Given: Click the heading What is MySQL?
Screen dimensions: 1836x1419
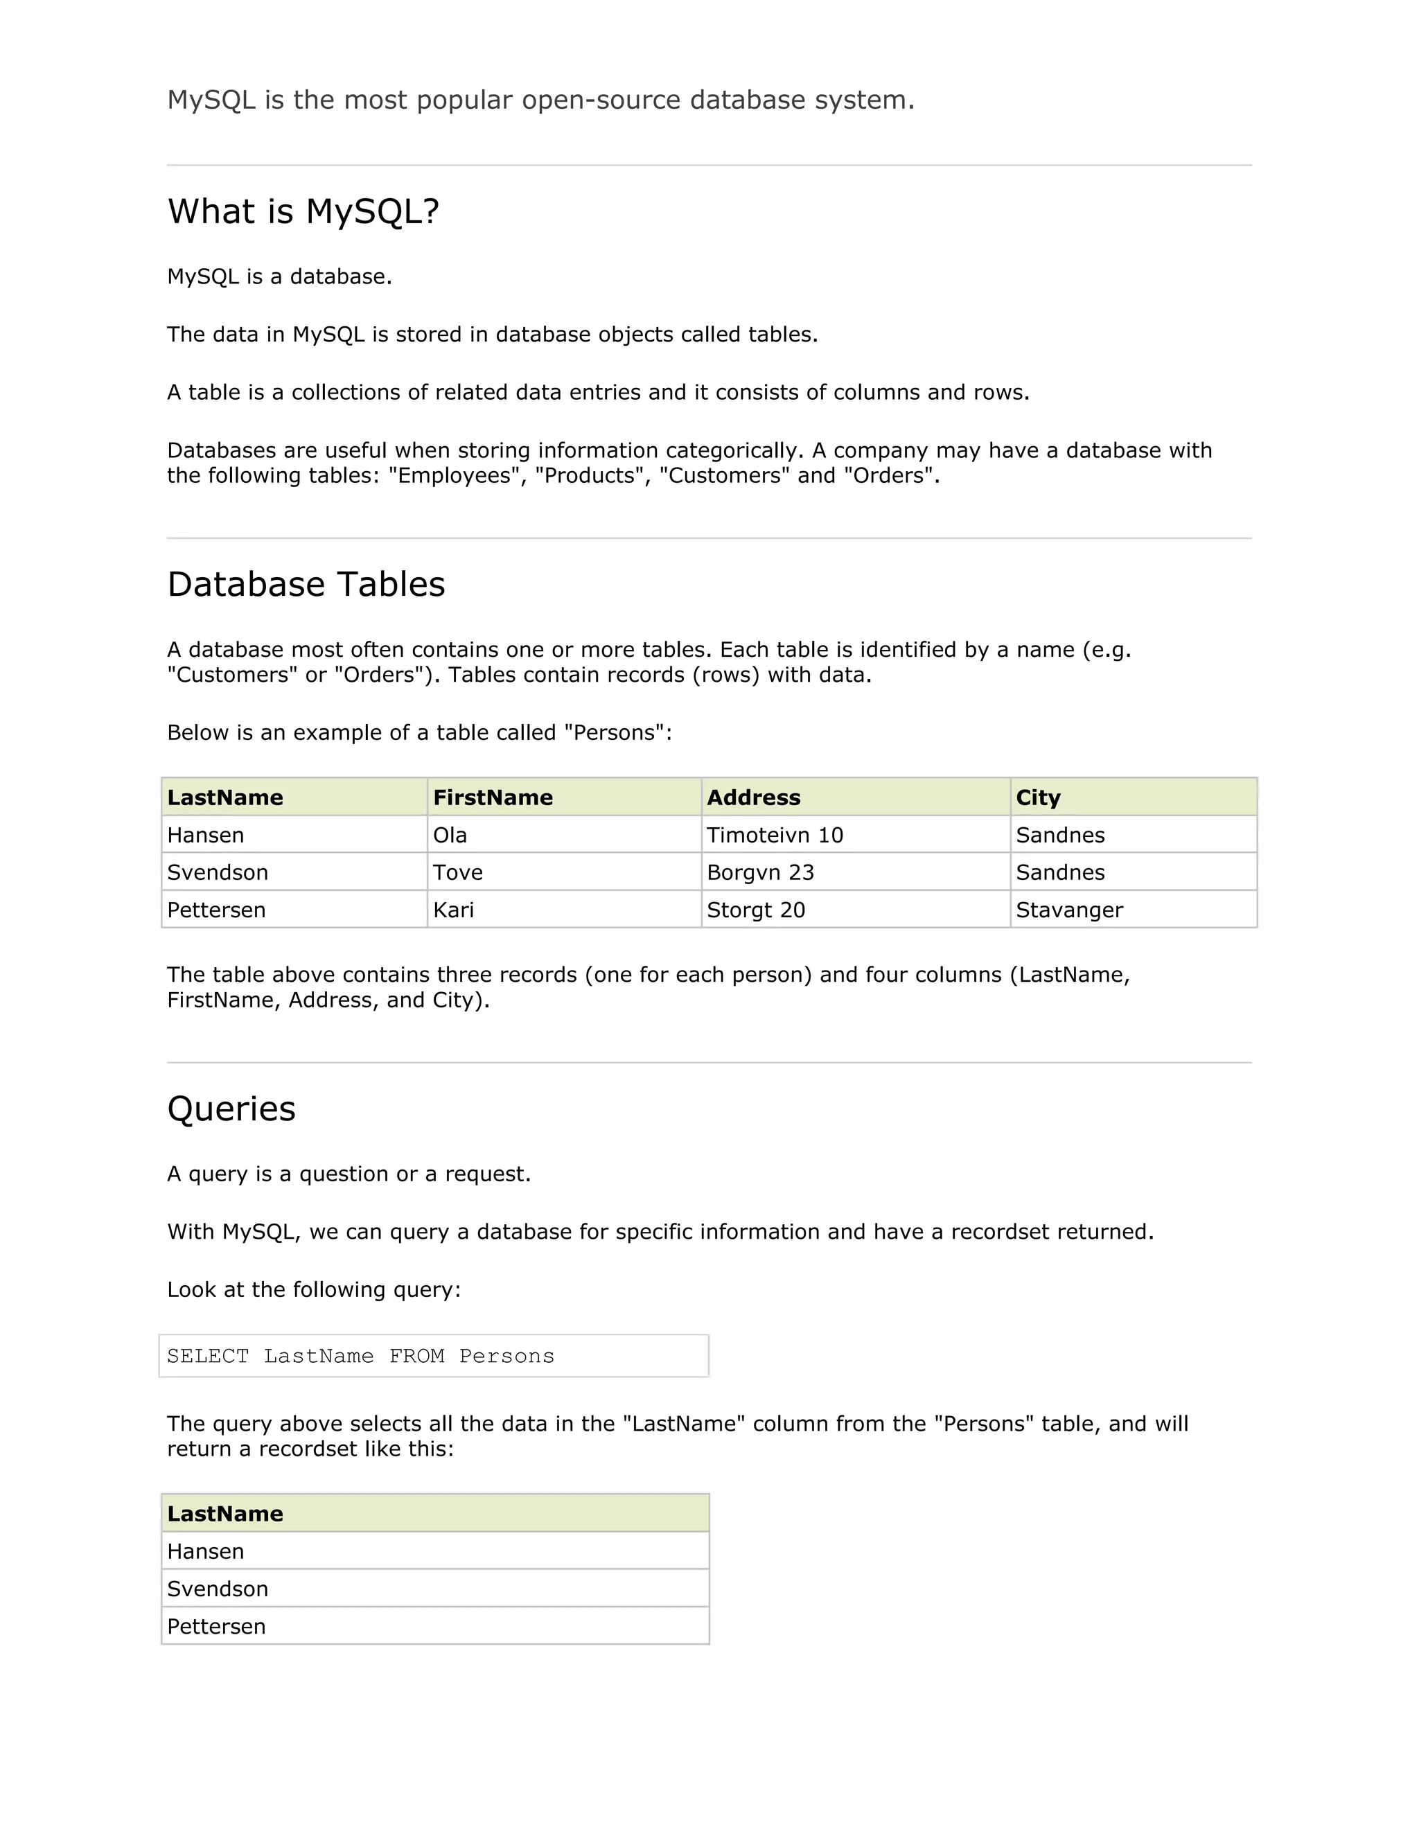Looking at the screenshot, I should pos(303,212).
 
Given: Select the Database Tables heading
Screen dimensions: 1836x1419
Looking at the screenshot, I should pos(306,584).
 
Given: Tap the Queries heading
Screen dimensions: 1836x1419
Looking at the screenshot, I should pos(231,1109).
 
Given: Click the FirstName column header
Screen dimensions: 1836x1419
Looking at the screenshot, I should pos(493,797).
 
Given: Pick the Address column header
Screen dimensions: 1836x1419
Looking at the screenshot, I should pos(753,797).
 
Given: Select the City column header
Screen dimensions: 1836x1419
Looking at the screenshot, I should pos(1037,797).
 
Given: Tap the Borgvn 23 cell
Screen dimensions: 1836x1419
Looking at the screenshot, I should pos(760,872).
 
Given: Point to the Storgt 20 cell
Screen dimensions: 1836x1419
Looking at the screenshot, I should pos(756,910).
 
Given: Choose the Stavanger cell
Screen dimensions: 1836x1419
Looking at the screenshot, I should pos(1068,910).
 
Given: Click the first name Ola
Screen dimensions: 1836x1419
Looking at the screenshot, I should pos(450,836).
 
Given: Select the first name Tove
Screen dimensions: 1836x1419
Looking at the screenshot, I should pos(457,872).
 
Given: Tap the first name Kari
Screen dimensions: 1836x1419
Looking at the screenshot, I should pos(453,910).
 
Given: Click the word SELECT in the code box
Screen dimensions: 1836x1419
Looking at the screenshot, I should pos(208,1357).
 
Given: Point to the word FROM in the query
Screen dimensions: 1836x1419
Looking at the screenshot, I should pos(416,1357).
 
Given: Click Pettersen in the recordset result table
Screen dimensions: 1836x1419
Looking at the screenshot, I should pos(216,1627).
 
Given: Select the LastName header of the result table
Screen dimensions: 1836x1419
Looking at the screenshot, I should pos(224,1514).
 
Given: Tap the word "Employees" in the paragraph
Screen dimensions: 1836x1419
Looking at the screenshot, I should pos(454,476).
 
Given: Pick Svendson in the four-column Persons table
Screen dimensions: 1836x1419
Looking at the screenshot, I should pos(217,872).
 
